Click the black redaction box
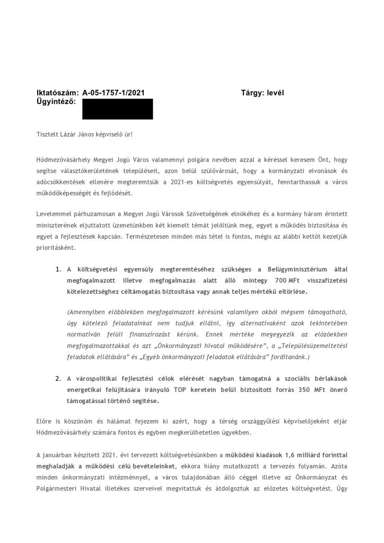pos(117,109)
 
